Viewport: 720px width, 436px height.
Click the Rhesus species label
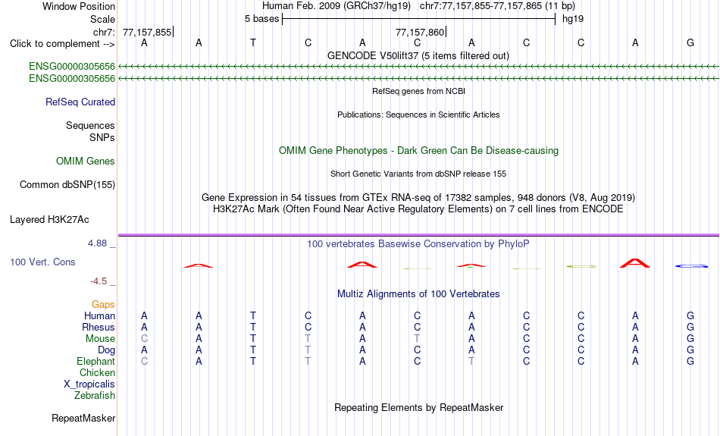point(99,327)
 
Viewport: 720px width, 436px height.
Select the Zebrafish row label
point(95,395)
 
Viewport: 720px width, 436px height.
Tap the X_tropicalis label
point(89,384)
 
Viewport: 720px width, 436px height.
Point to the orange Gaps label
point(103,305)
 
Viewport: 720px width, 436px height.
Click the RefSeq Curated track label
point(80,102)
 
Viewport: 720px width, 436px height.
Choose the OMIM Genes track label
point(85,162)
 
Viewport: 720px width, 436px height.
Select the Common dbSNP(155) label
point(67,185)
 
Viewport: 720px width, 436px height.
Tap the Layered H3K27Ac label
point(49,220)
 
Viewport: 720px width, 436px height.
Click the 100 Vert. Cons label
point(42,262)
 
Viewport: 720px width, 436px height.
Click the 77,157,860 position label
point(420,32)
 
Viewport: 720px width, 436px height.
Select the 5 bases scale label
point(261,19)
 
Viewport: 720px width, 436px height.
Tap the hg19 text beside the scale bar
point(573,19)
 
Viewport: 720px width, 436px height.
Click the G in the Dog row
point(690,350)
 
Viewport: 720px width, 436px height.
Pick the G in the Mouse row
point(690,339)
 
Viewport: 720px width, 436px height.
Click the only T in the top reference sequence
point(253,42)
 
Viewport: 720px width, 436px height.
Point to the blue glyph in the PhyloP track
point(691,266)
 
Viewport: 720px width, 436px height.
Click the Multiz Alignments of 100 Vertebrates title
point(418,294)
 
